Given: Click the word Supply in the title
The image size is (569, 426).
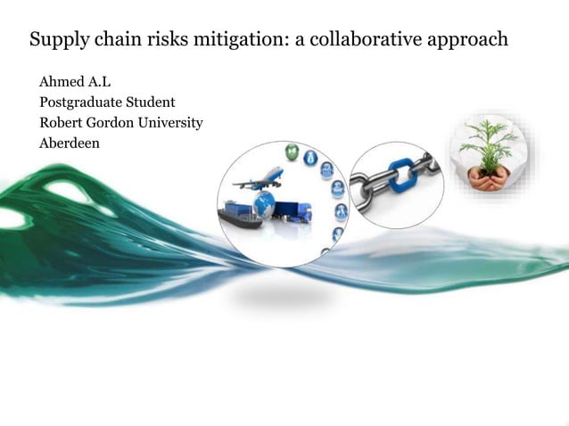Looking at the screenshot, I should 56,41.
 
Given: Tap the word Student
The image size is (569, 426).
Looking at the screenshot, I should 150,102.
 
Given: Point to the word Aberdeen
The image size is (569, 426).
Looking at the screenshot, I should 68,142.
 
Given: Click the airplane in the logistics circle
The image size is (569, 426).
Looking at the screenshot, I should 258,177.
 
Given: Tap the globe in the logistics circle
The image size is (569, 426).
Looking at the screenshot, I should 265,206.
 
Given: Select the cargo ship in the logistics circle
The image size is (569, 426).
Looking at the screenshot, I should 239,215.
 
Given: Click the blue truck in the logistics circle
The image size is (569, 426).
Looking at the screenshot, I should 293,212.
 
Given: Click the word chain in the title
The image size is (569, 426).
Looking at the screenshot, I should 116,40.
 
